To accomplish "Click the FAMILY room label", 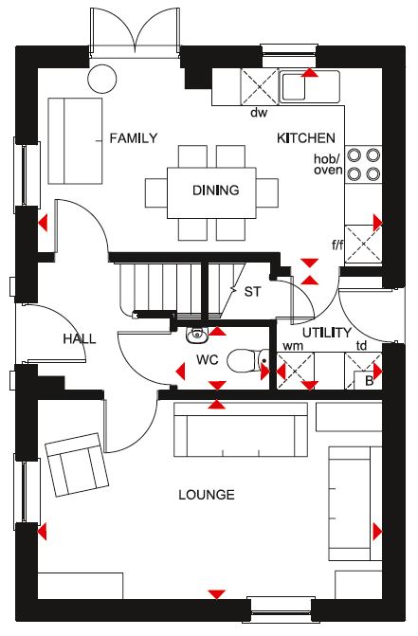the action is [134, 138].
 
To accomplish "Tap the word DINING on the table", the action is [216, 191].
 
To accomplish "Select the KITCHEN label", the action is [306, 138].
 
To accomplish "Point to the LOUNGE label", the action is [207, 495].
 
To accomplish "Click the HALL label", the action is [80, 338].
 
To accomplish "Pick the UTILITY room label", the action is [327, 333].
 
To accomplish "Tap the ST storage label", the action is [252, 292].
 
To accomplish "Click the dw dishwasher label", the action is [259, 113].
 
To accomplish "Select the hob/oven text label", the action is [328, 165].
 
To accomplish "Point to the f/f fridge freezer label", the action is [337, 245].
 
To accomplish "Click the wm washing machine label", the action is [293, 346].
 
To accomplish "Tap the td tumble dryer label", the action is [361, 346].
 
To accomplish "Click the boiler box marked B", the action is [368, 380].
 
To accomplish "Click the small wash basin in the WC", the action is [197, 335].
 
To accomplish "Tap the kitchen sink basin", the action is [293, 87].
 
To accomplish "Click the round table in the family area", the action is [102, 79].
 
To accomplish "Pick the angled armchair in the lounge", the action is [77, 464].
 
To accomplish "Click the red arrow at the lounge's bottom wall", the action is [217, 594].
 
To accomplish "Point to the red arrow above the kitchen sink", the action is [310, 72].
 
